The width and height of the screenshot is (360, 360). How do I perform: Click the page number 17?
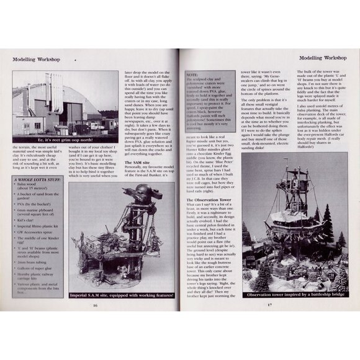(269, 305)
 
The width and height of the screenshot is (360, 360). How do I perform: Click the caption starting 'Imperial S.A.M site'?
(122, 295)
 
